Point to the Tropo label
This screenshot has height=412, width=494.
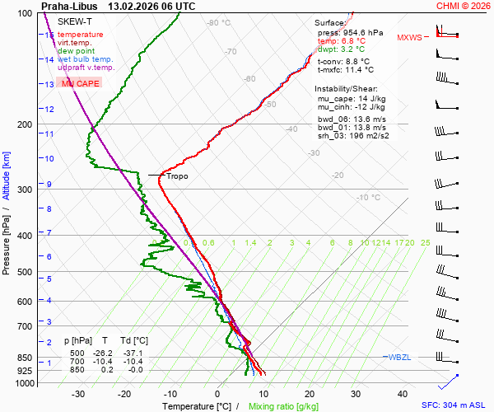click(x=177, y=176)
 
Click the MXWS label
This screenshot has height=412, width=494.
click(x=409, y=38)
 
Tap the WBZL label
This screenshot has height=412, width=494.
click(x=400, y=357)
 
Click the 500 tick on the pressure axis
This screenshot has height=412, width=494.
click(x=25, y=272)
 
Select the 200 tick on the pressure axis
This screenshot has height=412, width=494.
click(x=25, y=124)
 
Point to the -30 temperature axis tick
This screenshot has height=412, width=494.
click(x=78, y=394)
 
